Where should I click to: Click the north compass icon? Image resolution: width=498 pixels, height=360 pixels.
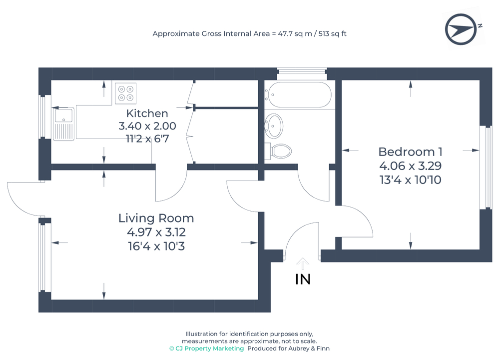461,29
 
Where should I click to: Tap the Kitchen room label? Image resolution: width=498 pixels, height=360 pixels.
147,113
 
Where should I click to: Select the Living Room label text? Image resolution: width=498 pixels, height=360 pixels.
156,218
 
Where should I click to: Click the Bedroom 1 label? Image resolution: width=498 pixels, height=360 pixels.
410,151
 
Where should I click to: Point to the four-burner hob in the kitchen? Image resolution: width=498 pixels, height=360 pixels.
126,93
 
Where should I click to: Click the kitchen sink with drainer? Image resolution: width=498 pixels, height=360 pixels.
64,123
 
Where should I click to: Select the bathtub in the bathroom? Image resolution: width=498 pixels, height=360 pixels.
298,95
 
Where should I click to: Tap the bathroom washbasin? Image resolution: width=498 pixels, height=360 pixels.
273,126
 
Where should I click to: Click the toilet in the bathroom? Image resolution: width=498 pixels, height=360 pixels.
278,151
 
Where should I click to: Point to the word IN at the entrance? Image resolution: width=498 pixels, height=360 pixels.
303,279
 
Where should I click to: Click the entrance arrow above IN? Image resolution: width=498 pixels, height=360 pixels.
303,263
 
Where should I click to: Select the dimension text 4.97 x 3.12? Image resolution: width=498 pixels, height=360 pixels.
156,232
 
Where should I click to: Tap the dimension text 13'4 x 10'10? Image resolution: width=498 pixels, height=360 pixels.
411,180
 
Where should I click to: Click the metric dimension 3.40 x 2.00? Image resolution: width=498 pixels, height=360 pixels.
147,126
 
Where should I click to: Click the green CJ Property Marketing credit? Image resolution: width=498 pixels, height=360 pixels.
206,348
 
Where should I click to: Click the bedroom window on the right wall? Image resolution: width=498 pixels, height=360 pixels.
486,167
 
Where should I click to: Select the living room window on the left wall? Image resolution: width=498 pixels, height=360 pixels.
45,257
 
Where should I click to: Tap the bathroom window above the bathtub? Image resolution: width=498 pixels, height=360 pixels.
302,74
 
